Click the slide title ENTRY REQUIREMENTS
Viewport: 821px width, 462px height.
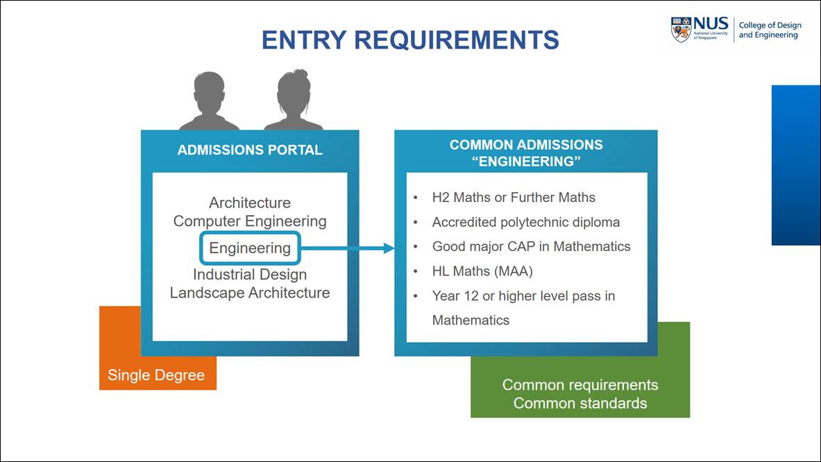tap(410, 40)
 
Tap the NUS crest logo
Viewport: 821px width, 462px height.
tap(681, 30)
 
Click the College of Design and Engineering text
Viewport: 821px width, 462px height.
tap(769, 31)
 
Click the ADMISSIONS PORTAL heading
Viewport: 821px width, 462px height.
tap(250, 151)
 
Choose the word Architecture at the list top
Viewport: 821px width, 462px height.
tap(250, 203)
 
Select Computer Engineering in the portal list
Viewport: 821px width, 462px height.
tap(250, 221)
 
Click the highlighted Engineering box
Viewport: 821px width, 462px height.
tap(250, 248)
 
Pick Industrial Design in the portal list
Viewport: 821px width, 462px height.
tap(250, 275)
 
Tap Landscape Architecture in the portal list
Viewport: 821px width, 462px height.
tap(250, 293)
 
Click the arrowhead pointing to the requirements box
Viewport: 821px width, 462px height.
tap(389, 248)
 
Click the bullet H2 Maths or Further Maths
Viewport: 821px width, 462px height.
tap(514, 198)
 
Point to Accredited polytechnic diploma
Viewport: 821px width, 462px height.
tap(525, 222)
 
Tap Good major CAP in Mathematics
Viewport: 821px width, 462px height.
tap(531, 246)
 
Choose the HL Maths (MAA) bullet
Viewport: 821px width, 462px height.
tap(482, 271)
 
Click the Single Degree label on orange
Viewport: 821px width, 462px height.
tap(156, 375)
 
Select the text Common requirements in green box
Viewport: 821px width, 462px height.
tap(580, 385)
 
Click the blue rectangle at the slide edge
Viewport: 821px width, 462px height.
tap(795, 165)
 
